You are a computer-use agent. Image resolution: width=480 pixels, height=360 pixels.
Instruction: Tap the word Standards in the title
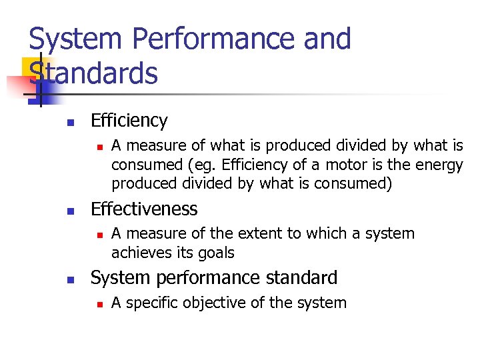pyautogui.click(x=93, y=73)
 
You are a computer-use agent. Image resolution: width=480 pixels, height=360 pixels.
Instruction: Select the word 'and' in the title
pyautogui.click(x=327, y=39)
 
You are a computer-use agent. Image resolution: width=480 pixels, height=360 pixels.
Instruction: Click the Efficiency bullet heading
pyautogui.click(x=129, y=121)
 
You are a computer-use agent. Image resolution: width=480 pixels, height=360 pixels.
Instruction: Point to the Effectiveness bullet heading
pyautogui.click(x=144, y=209)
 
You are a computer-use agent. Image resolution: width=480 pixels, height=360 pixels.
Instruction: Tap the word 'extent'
pyautogui.click(x=273, y=234)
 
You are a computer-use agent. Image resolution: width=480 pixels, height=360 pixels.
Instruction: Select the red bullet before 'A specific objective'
pyautogui.click(x=98, y=304)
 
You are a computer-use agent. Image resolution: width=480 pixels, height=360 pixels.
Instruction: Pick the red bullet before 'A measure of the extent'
pyautogui.click(x=98, y=235)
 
